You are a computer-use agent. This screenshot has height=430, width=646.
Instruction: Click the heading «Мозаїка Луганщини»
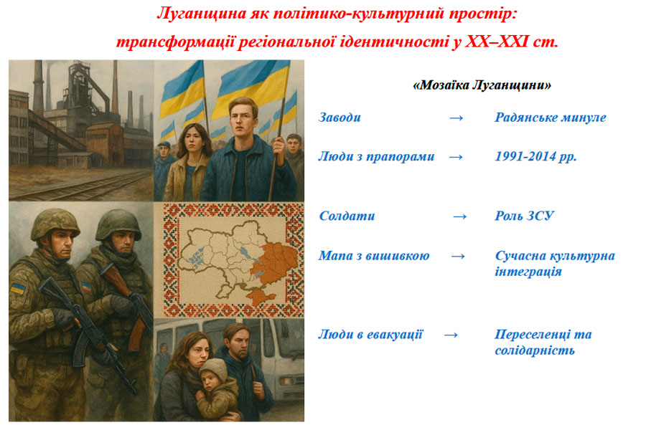tap(482, 85)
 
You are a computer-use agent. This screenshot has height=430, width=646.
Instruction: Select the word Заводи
tap(340, 118)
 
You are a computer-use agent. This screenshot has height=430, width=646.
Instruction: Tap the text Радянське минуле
tap(551, 118)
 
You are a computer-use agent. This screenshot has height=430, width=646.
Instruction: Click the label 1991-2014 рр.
tap(535, 156)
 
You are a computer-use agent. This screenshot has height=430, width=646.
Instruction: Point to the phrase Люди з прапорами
tap(376, 156)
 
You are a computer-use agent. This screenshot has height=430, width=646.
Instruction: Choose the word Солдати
tap(347, 216)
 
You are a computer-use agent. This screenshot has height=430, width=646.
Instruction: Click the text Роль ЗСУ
tap(524, 216)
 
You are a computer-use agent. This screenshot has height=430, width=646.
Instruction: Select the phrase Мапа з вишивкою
tap(374, 256)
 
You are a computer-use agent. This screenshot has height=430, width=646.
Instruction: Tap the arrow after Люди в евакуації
tap(451, 335)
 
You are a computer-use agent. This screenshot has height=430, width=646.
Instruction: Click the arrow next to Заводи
tap(456, 118)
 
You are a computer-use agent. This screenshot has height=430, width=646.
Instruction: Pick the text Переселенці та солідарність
tap(543, 342)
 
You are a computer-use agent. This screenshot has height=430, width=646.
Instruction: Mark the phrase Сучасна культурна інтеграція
tap(555, 263)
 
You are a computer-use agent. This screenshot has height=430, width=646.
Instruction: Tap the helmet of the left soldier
tap(55, 224)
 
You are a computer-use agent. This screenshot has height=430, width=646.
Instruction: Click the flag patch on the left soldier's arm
tap(17, 288)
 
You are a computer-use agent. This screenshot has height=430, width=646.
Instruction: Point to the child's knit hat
tap(214, 368)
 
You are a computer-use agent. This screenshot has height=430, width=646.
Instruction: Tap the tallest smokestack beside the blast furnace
tap(38, 87)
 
